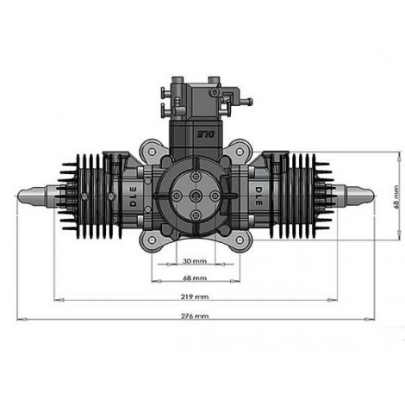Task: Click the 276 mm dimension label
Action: click(195, 316)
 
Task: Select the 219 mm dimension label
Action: click(195, 296)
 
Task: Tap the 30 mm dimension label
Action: click(195, 261)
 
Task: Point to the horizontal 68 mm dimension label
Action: click(195, 278)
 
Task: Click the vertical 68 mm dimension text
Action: click(397, 196)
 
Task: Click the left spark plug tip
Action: click(18, 196)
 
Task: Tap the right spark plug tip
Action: click(373, 196)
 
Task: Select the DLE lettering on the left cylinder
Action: click(134, 196)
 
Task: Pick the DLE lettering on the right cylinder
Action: click(259, 196)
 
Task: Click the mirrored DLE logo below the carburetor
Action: click(206, 134)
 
